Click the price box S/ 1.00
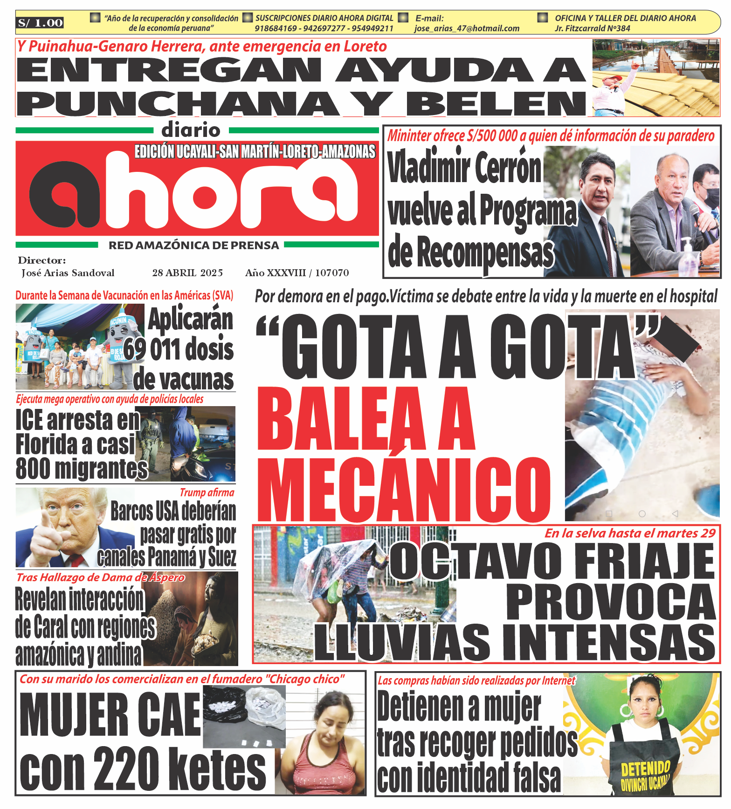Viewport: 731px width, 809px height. (x=41, y=23)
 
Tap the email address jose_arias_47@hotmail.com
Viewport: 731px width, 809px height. (x=467, y=28)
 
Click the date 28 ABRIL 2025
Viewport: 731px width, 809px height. (x=187, y=273)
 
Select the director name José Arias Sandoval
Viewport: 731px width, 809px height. (x=68, y=273)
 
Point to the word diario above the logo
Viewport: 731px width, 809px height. (x=191, y=130)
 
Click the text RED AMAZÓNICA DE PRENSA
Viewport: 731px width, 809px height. (x=193, y=245)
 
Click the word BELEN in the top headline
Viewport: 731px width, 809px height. (x=496, y=103)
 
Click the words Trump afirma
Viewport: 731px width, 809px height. (x=207, y=492)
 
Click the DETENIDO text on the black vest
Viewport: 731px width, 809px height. (x=645, y=768)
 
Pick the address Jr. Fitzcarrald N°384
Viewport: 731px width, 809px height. (x=592, y=28)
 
